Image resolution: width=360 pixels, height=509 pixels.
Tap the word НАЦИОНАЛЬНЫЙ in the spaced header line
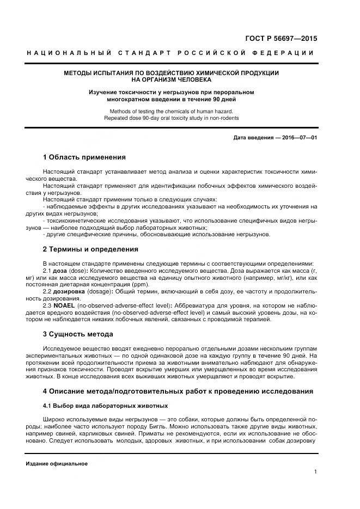pyautogui.click(x=69, y=53)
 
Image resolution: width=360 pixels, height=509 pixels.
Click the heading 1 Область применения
pyautogui.click(x=84, y=157)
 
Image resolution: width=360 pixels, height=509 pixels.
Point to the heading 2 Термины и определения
pyautogui.click(x=90, y=249)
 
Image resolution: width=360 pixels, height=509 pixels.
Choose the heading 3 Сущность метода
pyautogui.click(x=78, y=334)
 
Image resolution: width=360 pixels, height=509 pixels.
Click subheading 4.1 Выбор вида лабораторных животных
pyautogui.click(x=105, y=406)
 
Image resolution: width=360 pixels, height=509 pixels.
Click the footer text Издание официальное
pyautogui.click(x=56, y=463)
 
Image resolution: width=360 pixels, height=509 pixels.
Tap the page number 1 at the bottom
pyautogui.click(x=315, y=472)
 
